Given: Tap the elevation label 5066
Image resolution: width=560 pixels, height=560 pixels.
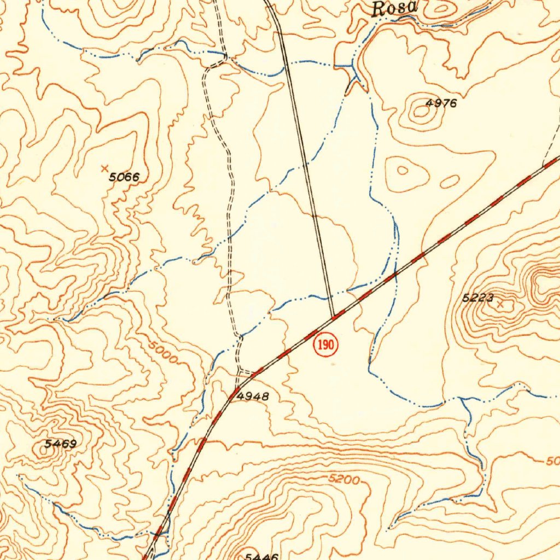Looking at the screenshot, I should pyautogui.click(x=124, y=177).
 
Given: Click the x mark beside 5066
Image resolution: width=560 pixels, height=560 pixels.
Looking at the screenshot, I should pyautogui.click(x=105, y=168).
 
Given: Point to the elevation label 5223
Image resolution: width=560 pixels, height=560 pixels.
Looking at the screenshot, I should pyautogui.click(x=478, y=298).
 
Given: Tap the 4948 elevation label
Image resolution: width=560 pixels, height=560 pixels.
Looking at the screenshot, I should pyautogui.click(x=253, y=396).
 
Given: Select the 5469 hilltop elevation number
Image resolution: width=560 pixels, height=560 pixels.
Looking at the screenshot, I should pyautogui.click(x=60, y=444).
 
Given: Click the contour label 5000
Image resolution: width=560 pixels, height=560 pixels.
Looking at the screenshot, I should pyautogui.click(x=162, y=353).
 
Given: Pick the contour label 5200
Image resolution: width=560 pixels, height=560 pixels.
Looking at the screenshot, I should pyautogui.click(x=344, y=480).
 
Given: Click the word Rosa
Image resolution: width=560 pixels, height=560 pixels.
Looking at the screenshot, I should pyautogui.click(x=394, y=8).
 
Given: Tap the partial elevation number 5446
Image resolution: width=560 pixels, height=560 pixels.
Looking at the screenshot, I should pyautogui.click(x=261, y=556).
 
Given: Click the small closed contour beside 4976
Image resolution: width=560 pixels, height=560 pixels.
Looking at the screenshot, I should pyautogui.click(x=421, y=112).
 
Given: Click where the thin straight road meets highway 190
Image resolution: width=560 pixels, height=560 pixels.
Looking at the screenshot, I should pyautogui.click(x=333, y=316).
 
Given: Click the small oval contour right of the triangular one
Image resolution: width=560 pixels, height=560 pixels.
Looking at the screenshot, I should pyautogui.click(x=450, y=182).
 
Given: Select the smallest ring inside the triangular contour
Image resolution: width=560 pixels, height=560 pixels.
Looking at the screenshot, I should pyautogui.click(x=402, y=171).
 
